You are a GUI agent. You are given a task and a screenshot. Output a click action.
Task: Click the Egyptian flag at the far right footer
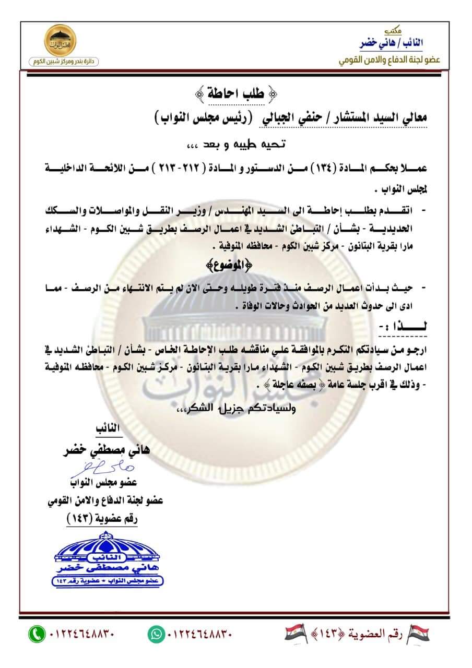418,634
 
